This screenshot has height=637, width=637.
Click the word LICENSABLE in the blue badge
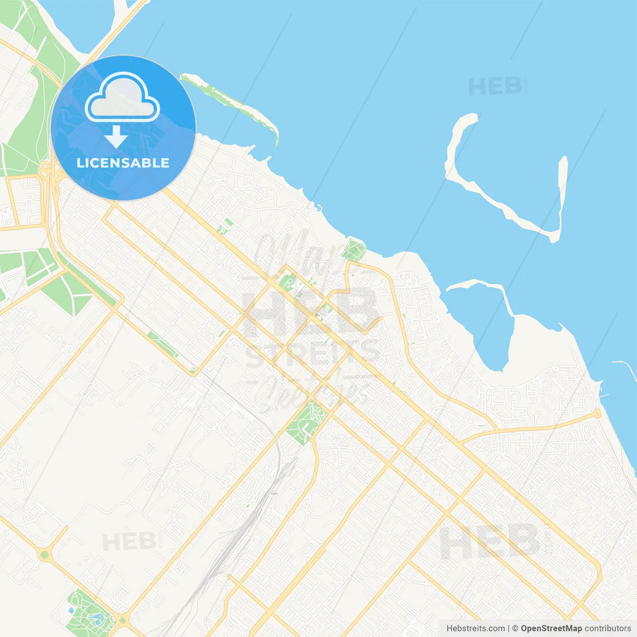pyautogui.click(x=123, y=163)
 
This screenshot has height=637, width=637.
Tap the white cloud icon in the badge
pyautogui.click(x=122, y=98)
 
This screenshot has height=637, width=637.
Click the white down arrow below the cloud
pyautogui.click(x=116, y=137)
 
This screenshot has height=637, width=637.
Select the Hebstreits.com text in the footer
pyautogui.click(x=475, y=629)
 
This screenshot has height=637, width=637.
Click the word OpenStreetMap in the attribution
pyautogui.click(x=551, y=629)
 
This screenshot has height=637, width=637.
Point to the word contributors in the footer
pyautogui.click(x=608, y=629)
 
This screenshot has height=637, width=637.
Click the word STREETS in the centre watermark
pyautogui.click(x=313, y=354)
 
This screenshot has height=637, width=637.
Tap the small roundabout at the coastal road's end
pyautogui.click(x=597, y=414)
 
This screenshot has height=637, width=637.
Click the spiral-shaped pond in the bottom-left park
pyautogui.click(x=96, y=619)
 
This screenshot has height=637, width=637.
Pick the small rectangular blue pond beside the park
pyautogui.click(x=71, y=610)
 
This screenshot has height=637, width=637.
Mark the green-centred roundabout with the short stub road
pyautogui.click(x=45, y=554)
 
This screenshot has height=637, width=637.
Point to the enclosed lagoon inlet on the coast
pyautogui.click(x=490, y=328)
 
